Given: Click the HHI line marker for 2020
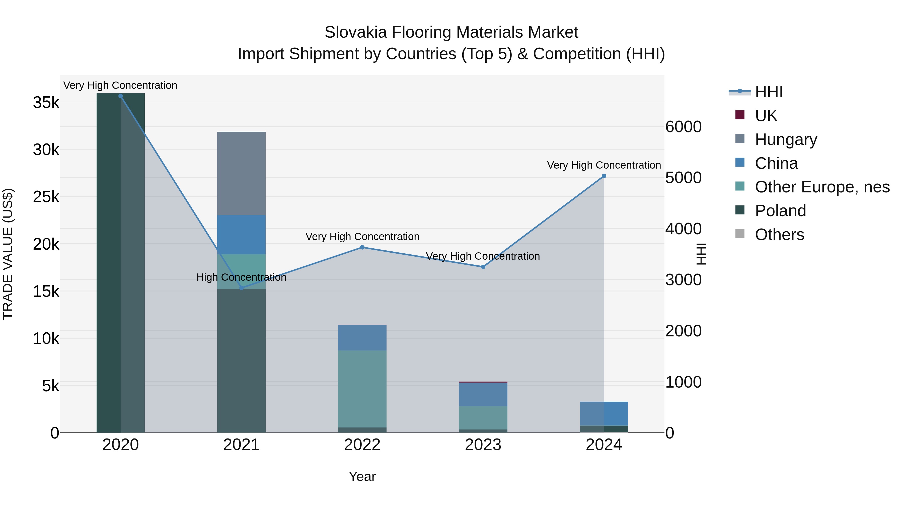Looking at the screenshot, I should (x=121, y=96).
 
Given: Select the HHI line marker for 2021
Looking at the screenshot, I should (x=242, y=288).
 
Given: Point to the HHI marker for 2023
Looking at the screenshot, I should (x=483, y=267).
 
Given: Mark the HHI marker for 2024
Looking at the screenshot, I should (x=604, y=176).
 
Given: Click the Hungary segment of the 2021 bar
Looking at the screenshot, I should (x=242, y=174).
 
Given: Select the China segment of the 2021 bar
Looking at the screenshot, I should (x=242, y=235).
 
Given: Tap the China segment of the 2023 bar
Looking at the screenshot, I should (x=483, y=394).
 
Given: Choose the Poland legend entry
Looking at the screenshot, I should (x=780, y=211).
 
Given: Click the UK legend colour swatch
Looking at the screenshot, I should (x=740, y=115).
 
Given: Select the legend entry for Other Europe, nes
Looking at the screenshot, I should (x=822, y=187).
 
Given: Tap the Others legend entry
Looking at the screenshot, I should (x=779, y=235).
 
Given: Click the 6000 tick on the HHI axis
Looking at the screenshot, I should (x=684, y=127).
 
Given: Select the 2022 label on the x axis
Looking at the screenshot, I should (x=362, y=445).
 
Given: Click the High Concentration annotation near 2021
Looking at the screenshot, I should (x=242, y=277).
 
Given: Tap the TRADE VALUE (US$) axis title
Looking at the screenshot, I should (x=8, y=254).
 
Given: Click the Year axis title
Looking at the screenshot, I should (x=362, y=476).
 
